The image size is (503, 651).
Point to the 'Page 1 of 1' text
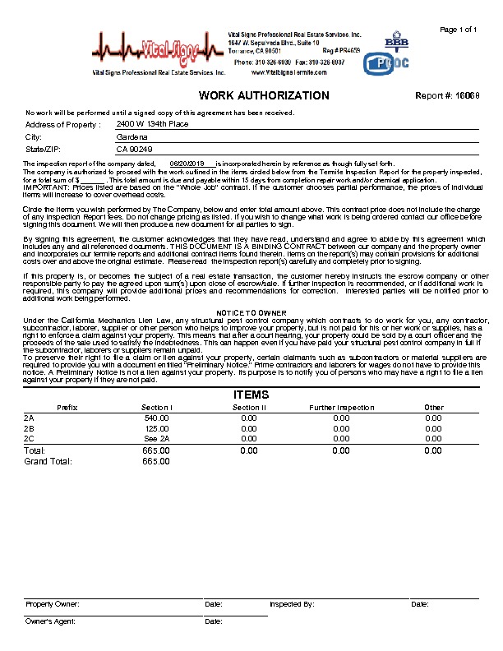[x=459, y=30]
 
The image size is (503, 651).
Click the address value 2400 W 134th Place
[x=152, y=123]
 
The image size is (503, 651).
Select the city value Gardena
[x=132, y=136]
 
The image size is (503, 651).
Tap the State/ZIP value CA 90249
[x=135, y=150]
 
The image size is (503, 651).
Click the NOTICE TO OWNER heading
[x=251, y=313]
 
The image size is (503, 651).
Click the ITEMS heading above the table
[x=251, y=395]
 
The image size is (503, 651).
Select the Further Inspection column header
[x=341, y=408]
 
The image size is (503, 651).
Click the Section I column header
[x=157, y=408]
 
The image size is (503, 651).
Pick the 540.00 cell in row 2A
[x=156, y=418]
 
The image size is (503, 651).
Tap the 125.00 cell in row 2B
[x=157, y=428]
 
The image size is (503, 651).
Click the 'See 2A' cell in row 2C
[x=156, y=439]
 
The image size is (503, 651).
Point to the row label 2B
[x=30, y=428]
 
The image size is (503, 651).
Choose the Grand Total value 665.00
[x=156, y=462]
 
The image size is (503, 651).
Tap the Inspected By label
[x=292, y=604]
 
